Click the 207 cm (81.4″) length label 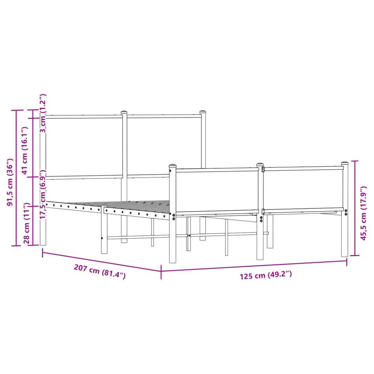[100, 271]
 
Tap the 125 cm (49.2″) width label [266, 275]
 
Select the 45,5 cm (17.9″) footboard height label [363, 213]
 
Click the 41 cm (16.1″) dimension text [25, 150]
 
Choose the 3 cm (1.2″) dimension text [43, 113]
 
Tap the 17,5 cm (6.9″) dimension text [43, 194]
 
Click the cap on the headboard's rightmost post [203, 112]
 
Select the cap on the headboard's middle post [124, 112]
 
